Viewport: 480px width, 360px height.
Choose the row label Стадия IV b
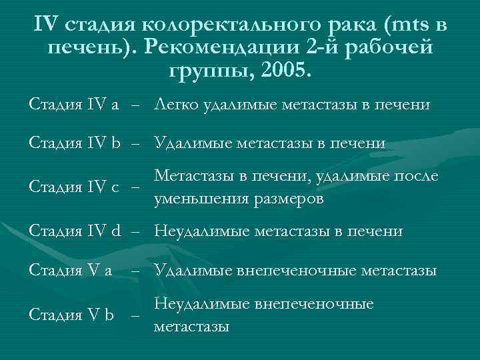pyautogui.click(x=75, y=143)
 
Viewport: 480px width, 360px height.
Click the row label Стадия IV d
pyautogui.click(x=75, y=231)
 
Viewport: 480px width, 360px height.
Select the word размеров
pyautogui.click(x=287, y=199)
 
